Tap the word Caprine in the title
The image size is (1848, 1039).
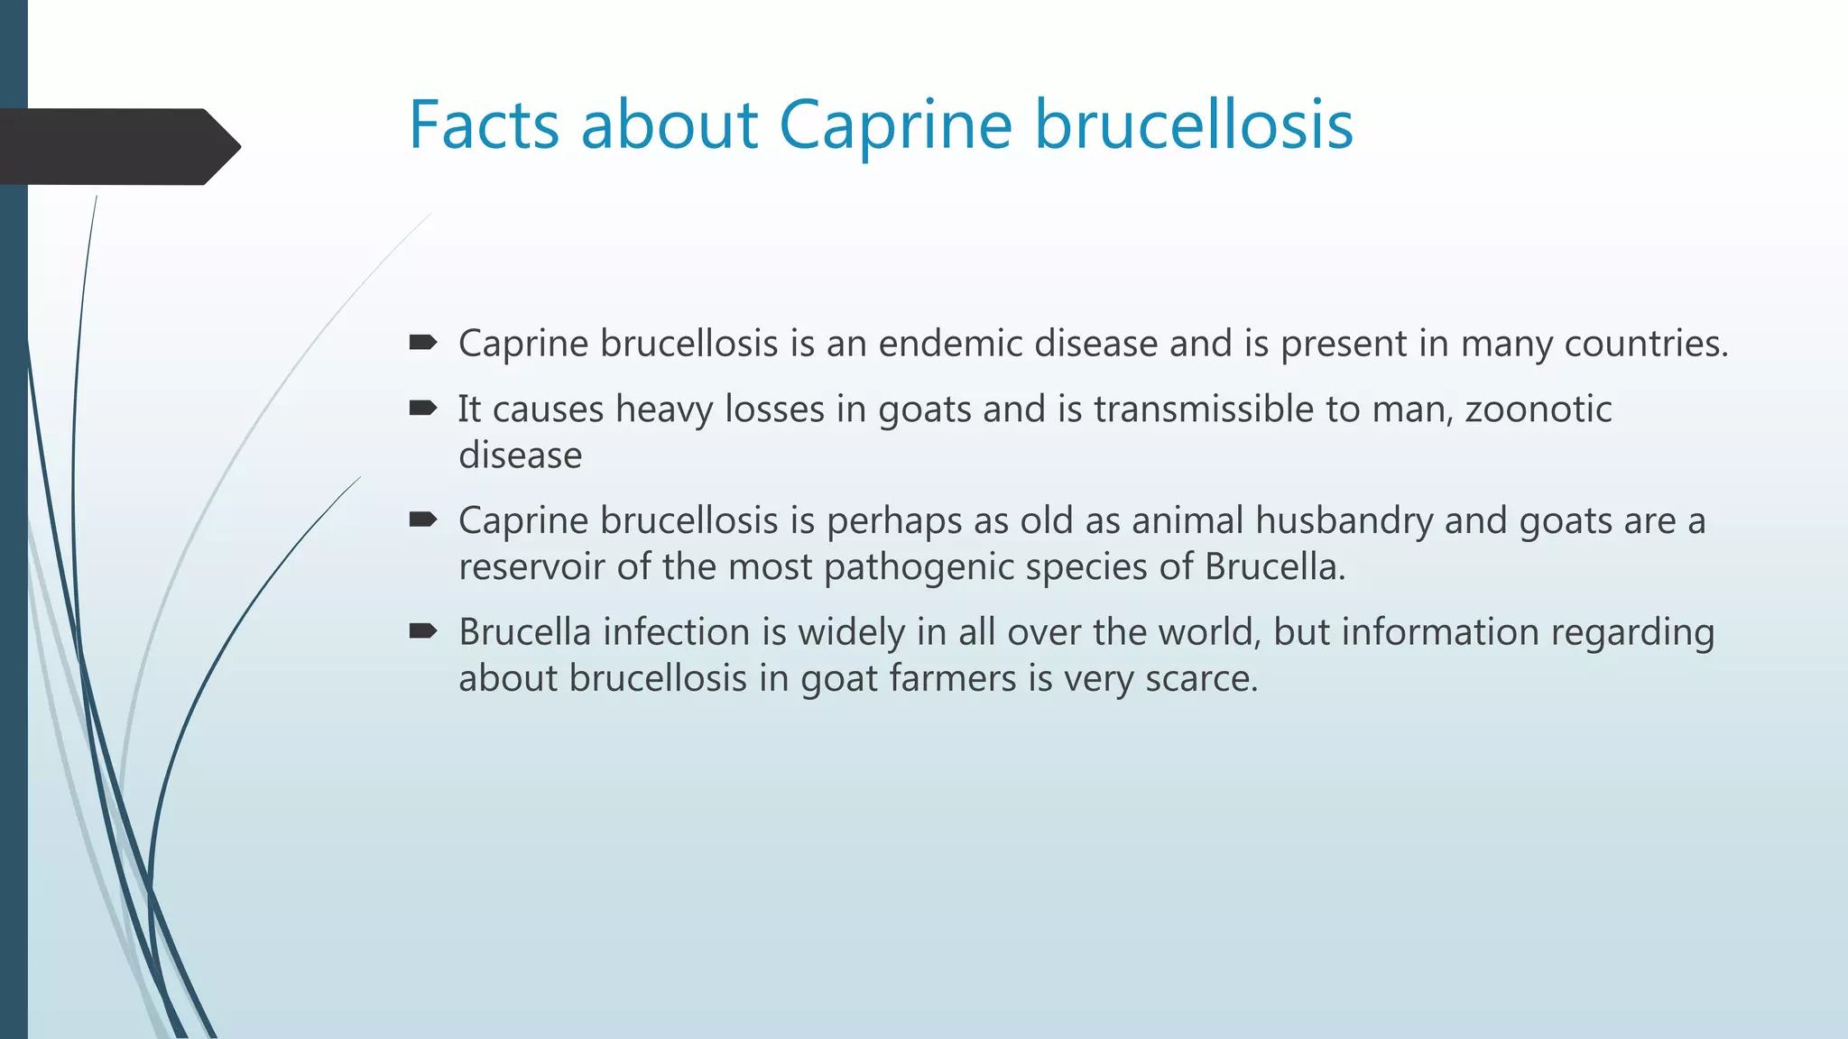tap(895, 126)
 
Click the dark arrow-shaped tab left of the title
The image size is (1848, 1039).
tap(117, 146)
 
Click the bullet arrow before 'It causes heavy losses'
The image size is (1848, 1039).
tap(422, 409)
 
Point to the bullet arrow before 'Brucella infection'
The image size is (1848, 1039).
tap(422, 630)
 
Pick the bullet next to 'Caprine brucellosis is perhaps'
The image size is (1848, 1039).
tap(422, 519)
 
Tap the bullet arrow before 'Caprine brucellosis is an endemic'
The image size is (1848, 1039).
tap(422, 342)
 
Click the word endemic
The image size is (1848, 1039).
tap(950, 344)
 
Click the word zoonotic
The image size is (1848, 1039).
tap(1538, 409)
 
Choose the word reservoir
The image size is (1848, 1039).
tap(531, 567)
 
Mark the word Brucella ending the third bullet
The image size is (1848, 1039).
tap(1274, 567)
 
